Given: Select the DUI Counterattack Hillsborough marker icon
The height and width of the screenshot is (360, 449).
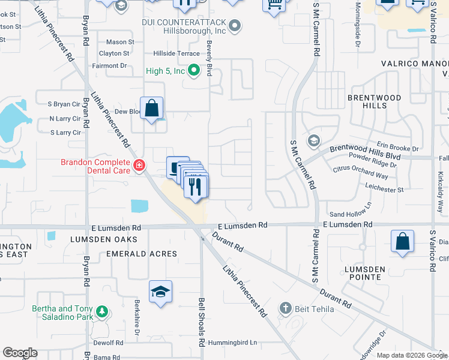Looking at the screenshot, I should (235, 26).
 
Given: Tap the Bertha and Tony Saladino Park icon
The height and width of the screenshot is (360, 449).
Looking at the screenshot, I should (102, 312).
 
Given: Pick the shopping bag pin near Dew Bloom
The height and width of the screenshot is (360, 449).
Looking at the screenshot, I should (152, 109).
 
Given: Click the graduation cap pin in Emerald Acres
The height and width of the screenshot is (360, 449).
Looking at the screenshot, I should (160, 292).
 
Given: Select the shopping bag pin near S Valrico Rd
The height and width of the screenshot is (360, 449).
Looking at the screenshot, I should (402, 241).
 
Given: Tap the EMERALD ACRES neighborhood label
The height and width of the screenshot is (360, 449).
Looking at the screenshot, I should (142, 254).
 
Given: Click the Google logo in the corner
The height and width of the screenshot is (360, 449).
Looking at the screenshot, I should (20, 353).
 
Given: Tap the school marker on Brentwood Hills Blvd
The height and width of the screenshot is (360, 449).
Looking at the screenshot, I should (313, 141).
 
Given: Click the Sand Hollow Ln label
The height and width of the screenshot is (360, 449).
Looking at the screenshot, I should (351, 214).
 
